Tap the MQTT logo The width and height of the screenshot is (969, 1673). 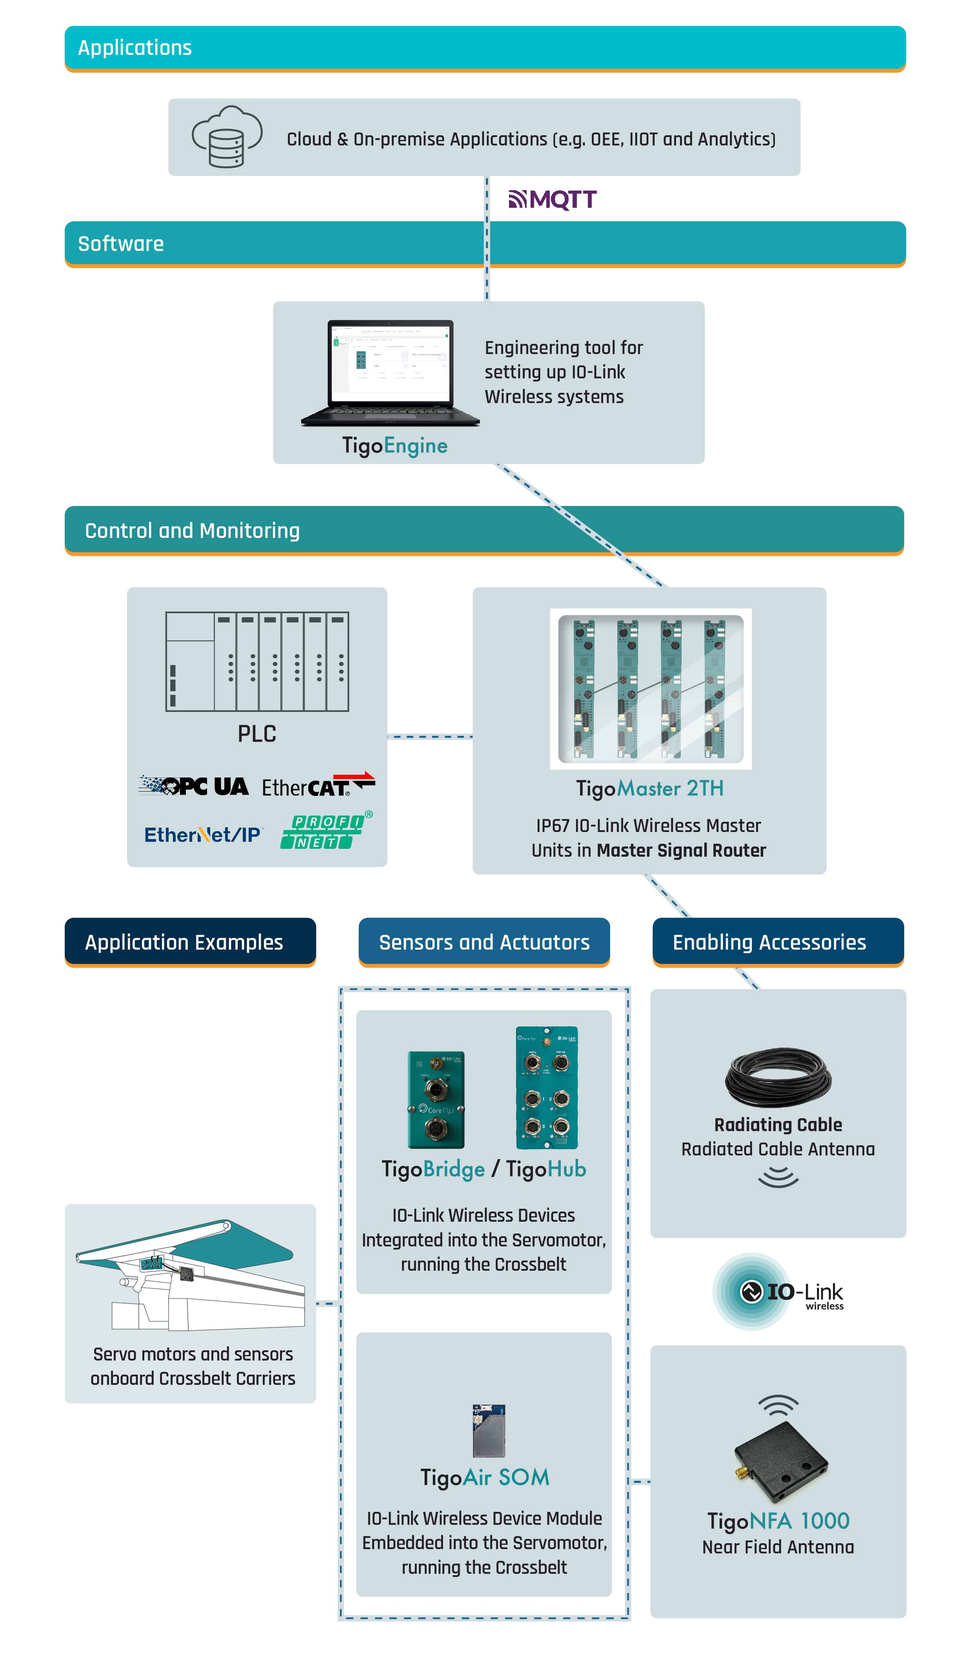pos(552,199)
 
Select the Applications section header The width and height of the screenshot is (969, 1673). pos(135,48)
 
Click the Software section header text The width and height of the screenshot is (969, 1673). pos(121,243)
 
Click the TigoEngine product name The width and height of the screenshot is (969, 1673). pos(395,445)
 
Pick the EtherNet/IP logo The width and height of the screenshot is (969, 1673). pos(203,834)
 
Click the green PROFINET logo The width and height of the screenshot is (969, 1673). pos(325,831)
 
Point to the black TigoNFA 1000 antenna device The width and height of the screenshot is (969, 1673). pos(780,1462)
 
